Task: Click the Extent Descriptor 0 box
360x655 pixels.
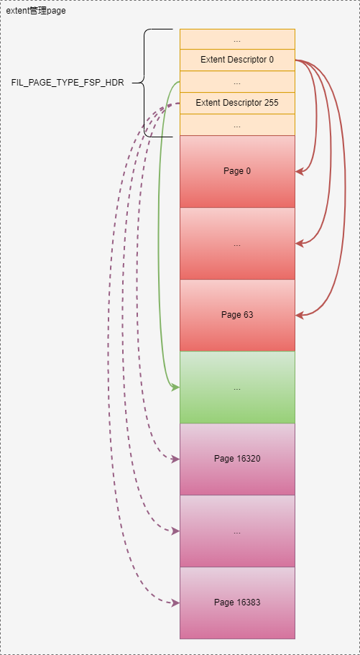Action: [237, 60]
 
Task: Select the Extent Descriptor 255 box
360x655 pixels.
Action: [237, 103]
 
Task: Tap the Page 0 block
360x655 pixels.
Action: [237, 171]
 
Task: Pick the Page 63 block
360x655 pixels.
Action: [237, 315]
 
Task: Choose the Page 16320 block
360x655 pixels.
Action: [237, 459]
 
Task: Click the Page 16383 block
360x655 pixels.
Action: [237, 603]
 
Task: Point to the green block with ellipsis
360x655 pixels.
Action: [237, 387]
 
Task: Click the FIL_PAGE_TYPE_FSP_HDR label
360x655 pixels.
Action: [68, 83]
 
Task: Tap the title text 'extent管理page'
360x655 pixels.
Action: [36, 11]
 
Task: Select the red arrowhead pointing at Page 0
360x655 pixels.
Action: [299, 171]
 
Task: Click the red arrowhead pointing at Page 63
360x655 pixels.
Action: [299, 316]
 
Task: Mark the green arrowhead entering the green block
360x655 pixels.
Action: [176, 388]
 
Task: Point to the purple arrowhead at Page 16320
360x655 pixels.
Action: [176, 459]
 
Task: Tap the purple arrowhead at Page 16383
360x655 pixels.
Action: [176, 603]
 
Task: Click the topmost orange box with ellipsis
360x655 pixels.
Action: [237, 40]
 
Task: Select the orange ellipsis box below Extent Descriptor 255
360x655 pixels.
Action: [237, 124]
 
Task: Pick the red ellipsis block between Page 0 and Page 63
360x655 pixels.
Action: [237, 243]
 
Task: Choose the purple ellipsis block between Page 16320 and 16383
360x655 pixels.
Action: [237, 531]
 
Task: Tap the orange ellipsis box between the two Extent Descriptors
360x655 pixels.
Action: [237, 82]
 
